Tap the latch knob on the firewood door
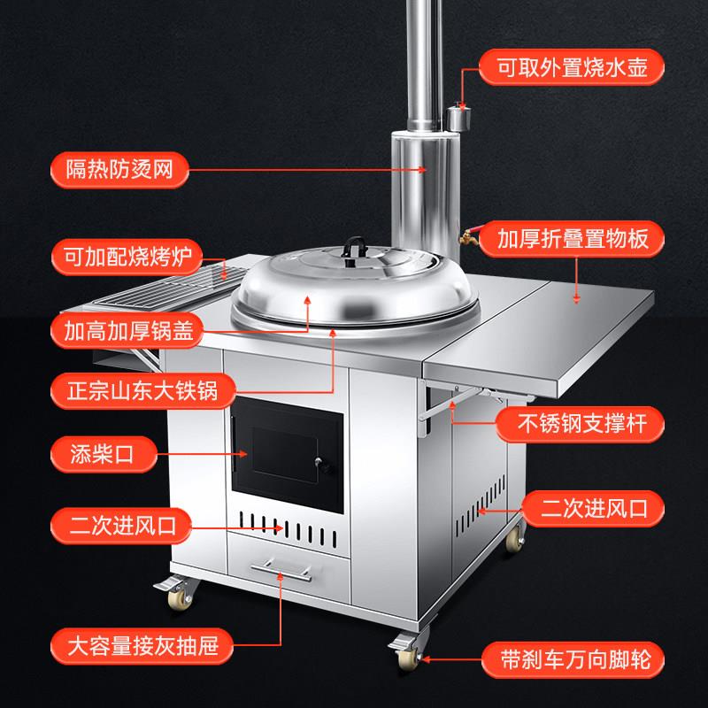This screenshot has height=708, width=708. point(321,463)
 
